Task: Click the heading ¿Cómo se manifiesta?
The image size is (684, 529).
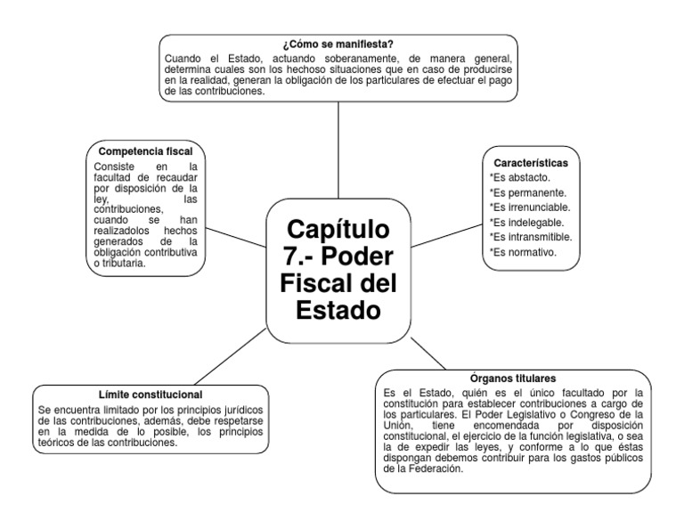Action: [338, 45]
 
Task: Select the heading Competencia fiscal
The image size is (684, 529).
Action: [145, 151]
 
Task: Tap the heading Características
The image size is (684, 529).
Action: [530, 163]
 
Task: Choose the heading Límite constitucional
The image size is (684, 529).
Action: [151, 394]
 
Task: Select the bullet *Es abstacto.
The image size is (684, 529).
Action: [519, 178]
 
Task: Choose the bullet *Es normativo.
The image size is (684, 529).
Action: [523, 252]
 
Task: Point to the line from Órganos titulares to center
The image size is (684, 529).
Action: [429, 354]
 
